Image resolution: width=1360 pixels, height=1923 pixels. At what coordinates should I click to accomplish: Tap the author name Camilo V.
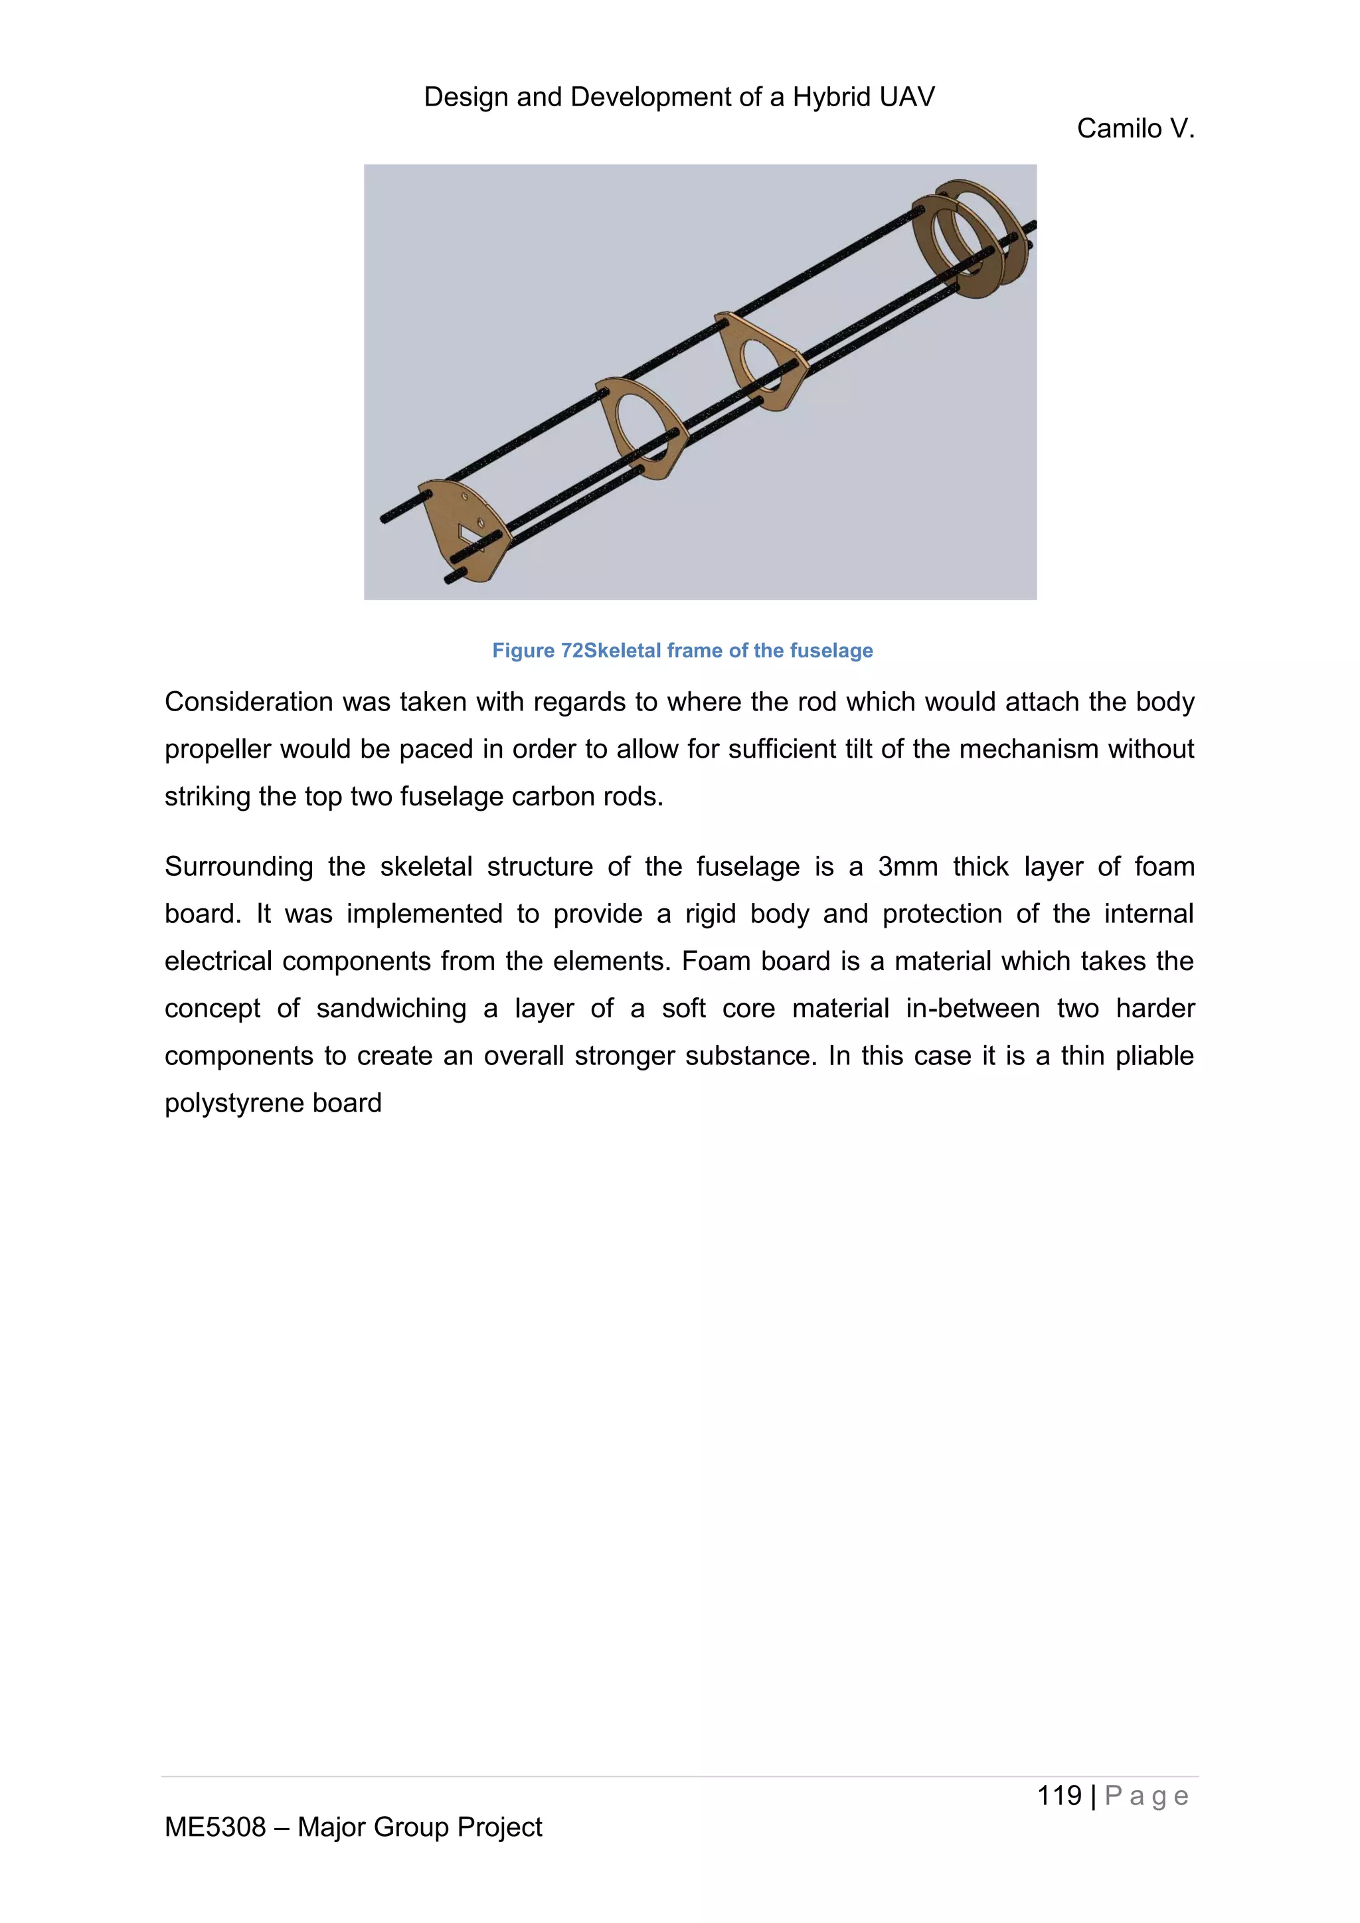[x=1135, y=128]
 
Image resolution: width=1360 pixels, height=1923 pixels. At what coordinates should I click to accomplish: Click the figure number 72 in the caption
[x=571, y=651]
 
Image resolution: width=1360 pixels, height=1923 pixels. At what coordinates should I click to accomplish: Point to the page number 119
[x=1059, y=1795]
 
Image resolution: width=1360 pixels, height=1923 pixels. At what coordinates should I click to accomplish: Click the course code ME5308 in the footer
[x=214, y=1827]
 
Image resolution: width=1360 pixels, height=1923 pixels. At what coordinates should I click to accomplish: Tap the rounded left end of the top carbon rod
[x=386, y=519]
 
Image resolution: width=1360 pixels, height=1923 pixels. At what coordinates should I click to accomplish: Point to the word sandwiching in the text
[x=390, y=1009]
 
